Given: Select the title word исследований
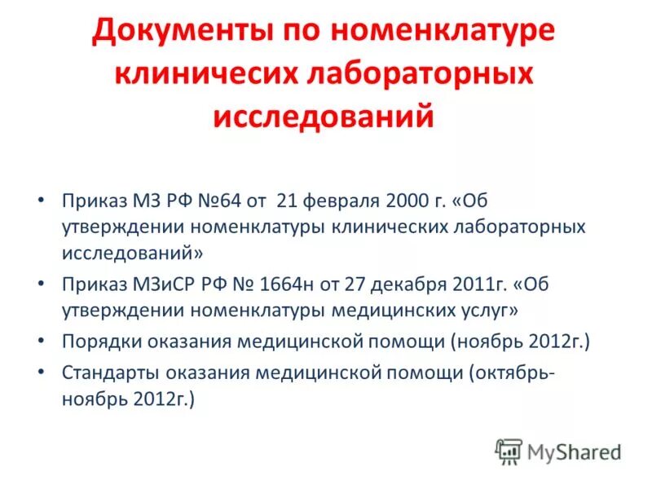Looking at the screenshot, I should [x=324, y=115].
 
